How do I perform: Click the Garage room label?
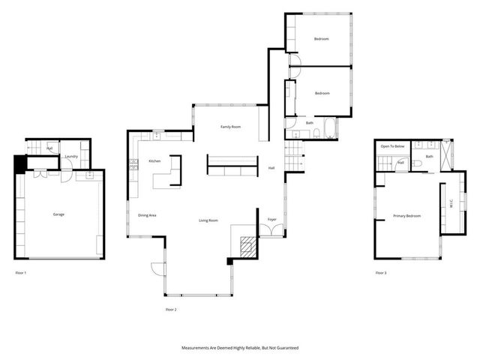pos(58,214)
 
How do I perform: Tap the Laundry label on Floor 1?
pos(71,157)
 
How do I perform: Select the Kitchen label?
pos(154,161)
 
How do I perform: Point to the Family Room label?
pos(230,127)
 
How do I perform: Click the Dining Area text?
pos(147,215)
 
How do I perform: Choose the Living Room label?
pos(208,220)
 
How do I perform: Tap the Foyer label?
pos(272,220)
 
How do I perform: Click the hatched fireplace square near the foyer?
pos(245,245)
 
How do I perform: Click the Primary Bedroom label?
pos(407,216)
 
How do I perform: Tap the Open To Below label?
pos(393,146)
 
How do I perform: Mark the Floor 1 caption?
pos(21,272)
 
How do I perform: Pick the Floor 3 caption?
pos(382,272)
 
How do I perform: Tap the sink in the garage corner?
pos(89,175)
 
